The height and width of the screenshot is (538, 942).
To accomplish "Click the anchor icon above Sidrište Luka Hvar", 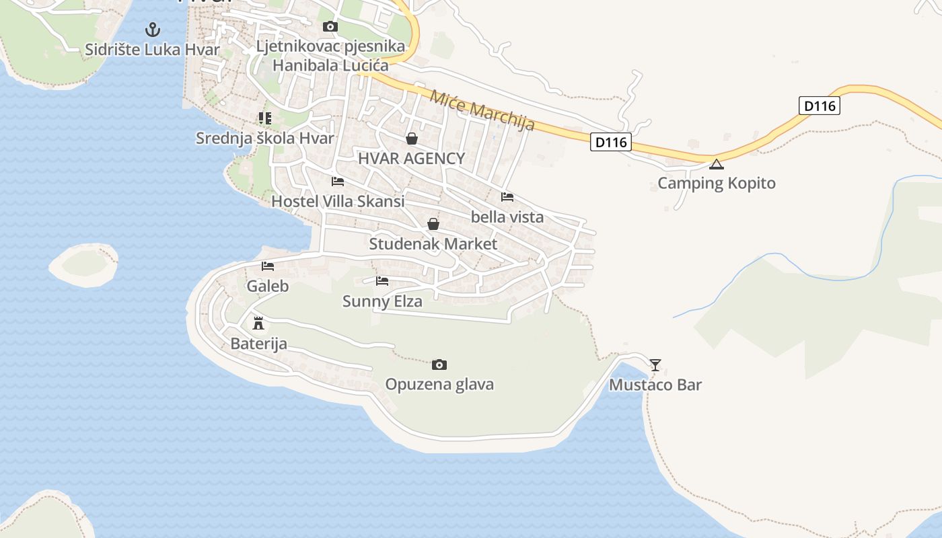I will (x=153, y=30).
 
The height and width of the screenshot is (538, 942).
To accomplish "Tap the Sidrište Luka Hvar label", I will (x=153, y=50).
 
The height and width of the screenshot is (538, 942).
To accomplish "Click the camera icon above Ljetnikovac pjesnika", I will (x=330, y=27).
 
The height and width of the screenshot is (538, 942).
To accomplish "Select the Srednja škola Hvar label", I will (x=265, y=139).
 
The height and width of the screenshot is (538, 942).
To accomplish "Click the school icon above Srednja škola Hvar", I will (x=265, y=118).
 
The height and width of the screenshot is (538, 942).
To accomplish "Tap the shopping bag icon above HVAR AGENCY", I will (x=411, y=139).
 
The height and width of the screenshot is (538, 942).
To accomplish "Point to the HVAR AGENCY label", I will (x=411, y=159).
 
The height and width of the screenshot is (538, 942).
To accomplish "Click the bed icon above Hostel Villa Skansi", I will (x=338, y=182).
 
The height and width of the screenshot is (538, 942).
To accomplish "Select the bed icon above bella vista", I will (x=507, y=197).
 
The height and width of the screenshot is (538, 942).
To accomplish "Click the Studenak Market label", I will (x=433, y=244).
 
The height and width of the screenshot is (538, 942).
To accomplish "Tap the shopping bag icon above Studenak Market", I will (x=433, y=224).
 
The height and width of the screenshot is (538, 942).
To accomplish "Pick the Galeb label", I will (x=268, y=286).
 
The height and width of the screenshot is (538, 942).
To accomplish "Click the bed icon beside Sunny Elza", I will (x=382, y=281).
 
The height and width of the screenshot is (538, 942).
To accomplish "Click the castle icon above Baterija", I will (x=258, y=323).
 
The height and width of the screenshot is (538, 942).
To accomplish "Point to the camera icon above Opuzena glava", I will (x=439, y=364).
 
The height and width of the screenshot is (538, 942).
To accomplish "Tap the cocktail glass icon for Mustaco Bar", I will (x=655, y=364).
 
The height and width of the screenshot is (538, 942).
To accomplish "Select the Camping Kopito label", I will (x=717, y=184).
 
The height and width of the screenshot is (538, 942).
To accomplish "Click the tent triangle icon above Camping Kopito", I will (x=717, y=164).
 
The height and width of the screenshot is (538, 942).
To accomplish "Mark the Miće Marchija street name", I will (x=482, y=111).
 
